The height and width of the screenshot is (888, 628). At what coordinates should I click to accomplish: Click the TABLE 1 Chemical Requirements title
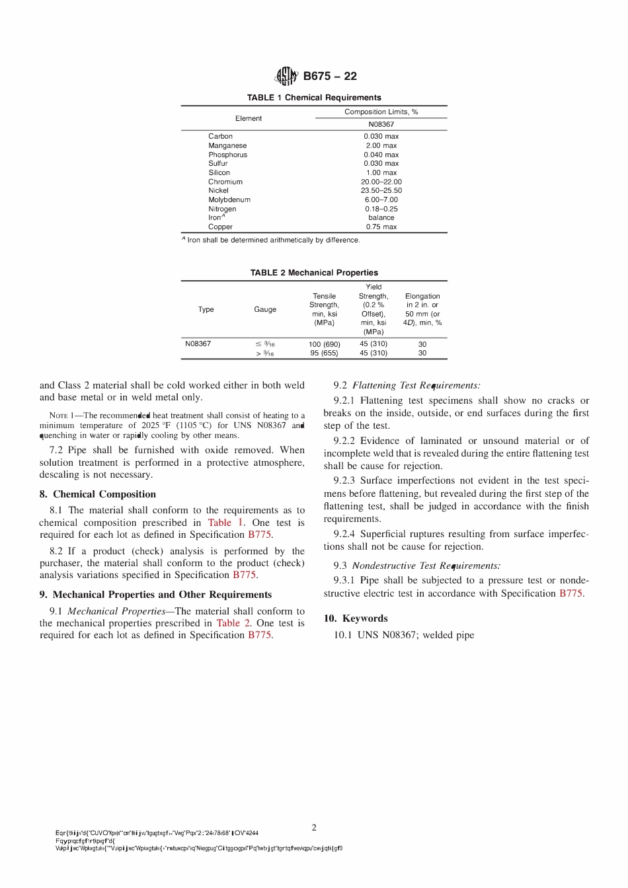coord(314,98)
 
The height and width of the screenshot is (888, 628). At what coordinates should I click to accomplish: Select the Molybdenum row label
coord(229,200)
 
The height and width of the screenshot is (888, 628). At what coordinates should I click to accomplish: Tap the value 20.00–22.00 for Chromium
coord(381,182)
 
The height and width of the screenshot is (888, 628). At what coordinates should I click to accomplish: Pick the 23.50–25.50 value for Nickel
coord(381,190)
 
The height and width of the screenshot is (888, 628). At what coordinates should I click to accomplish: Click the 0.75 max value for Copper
coord(381,227)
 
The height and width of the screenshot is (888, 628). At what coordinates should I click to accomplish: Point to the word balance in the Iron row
coord(381,217)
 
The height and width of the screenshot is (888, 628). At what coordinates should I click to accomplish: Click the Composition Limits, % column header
coord(381,112)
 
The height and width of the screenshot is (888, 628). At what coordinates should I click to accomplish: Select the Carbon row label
coord(220,136)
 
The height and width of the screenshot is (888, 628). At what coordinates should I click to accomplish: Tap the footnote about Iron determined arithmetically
coord(271,240)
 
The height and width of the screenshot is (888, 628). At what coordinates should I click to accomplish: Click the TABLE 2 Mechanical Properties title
coord(314,273)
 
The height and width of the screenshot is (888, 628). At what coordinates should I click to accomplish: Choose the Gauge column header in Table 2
coord(265,309)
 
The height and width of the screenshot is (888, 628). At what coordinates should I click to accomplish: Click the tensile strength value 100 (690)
coord(324,344)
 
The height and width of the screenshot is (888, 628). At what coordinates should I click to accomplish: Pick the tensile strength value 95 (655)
coord(324,353)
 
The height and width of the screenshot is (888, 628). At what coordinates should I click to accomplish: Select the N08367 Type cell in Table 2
coord(198,344)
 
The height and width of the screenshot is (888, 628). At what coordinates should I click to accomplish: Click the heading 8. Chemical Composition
coord(98,494)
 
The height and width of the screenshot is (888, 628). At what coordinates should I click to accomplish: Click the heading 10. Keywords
coord(356,618)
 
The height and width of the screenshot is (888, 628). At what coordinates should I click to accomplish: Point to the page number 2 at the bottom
coord(314,827)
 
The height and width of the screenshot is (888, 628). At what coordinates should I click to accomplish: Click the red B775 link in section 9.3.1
coord(570,593)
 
